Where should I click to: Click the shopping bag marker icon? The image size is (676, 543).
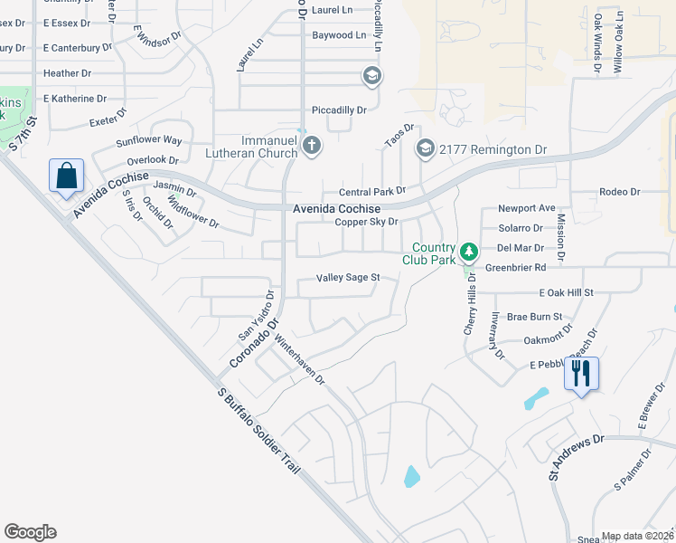point(67,176)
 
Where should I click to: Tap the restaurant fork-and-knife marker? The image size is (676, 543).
point(580,372)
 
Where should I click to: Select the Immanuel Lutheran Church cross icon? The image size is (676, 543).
point(311,146)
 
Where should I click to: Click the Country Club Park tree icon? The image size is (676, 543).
point(468,251)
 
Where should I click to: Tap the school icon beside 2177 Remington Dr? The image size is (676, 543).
point(424,148)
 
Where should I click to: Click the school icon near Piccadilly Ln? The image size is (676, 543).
point(370,76)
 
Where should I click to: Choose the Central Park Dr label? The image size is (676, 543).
point(371,192)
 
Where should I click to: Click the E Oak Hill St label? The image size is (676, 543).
point(566,292)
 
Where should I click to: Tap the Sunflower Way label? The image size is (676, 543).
point(149,141)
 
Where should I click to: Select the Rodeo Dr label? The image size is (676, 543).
point(619,192)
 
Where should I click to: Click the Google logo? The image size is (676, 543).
point(31,532)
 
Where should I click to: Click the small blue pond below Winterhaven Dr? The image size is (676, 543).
point(412,475)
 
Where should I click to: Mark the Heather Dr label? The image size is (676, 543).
point(67,72)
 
